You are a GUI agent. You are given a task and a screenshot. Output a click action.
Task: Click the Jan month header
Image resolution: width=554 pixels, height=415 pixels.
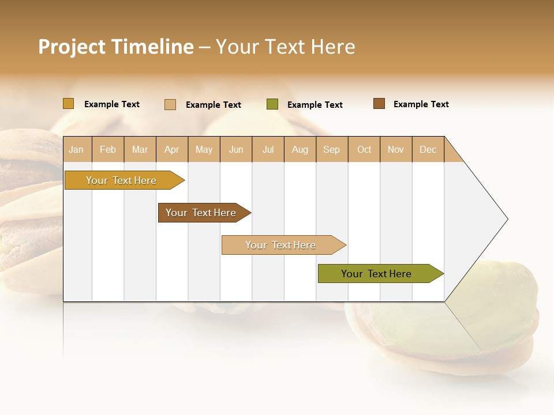coord(76,149)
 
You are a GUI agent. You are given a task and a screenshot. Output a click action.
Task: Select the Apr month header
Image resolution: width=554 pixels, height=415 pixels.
coord(172,149)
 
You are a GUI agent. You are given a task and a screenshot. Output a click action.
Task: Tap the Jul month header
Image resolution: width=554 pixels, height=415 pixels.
coord(268,149)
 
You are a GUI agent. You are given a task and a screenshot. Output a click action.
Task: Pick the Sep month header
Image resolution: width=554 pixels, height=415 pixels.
coord(331,149)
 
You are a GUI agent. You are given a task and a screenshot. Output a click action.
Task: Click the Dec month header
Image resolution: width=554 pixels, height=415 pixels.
coord(428,149)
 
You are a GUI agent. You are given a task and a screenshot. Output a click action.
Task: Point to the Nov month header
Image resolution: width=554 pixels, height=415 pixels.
coord(396,149)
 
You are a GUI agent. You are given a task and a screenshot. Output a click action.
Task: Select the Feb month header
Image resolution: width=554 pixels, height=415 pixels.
coord(108,149)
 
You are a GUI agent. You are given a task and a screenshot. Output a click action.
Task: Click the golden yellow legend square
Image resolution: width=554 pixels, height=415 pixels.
coord(69,104)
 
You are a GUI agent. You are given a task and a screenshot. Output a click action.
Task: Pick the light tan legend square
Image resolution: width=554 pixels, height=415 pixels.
coord(170,104)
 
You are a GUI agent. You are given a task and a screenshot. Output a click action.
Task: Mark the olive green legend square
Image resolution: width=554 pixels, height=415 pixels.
coord(272,104)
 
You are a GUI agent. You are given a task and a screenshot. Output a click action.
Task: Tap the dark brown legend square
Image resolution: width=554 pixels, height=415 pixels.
coord(379,104)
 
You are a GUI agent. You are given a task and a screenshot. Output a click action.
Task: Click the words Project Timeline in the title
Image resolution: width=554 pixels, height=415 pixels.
coord(115,47)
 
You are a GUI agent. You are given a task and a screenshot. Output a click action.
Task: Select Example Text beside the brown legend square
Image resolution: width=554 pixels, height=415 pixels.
coord(421,104)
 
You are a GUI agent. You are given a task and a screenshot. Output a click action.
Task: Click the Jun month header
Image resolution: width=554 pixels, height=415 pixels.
coord(236,149)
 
